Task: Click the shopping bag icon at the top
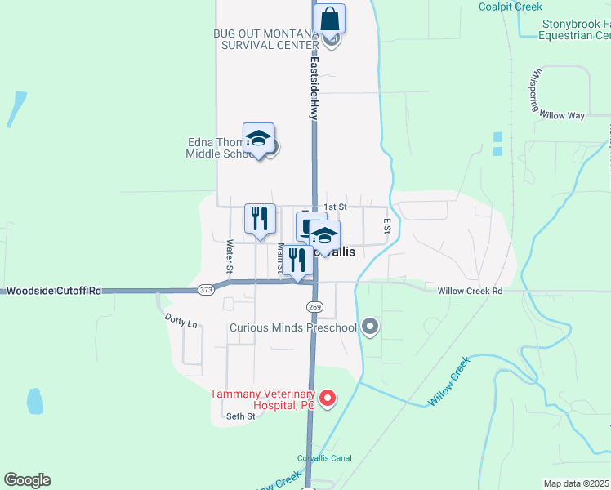(x=329, y=18)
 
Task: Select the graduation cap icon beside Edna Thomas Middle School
(x=258, y=139)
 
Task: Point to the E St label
(x=386, y=226)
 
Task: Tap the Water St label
(x=230, y=256)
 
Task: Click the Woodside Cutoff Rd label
(x=53, y=290)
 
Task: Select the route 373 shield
(x=206, y=290)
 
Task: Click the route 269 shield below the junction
(x=314, y=306)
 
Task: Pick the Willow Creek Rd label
(x=470, y=291)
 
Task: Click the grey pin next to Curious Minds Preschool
(x=370, y=327)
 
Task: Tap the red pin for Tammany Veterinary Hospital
(x=328, y=398)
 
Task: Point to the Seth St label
(x=241, y=416)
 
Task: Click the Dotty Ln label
(x=181, y=320)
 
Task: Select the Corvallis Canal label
(x=324, y=458)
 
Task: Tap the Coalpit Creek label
(x=511, y=7)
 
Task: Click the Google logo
(x=27, y=480)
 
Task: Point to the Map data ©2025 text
(x=577, y=483)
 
